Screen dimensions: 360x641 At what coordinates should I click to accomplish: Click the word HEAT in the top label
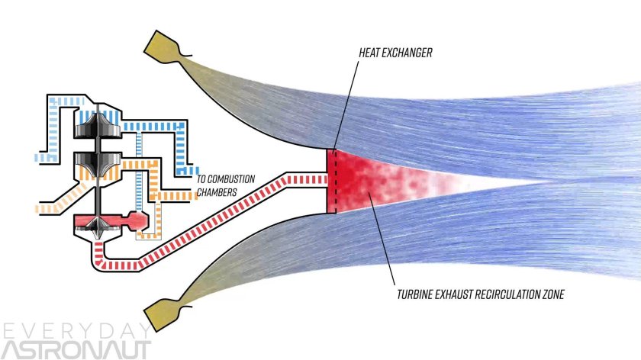click(x=371, y=55)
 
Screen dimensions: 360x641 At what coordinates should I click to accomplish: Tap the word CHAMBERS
click(x=217, y=192)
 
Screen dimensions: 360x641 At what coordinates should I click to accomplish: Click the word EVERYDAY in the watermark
click(x=77, y=330)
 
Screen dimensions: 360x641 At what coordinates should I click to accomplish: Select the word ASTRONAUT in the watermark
click(x=77, y=349)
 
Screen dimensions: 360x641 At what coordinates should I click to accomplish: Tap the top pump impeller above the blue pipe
click(x=98, y=127)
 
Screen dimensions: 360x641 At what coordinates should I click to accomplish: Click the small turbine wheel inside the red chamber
click(x=97, y=223)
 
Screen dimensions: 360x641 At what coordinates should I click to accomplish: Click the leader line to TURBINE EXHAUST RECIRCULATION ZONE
click(x=382, y=244)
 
